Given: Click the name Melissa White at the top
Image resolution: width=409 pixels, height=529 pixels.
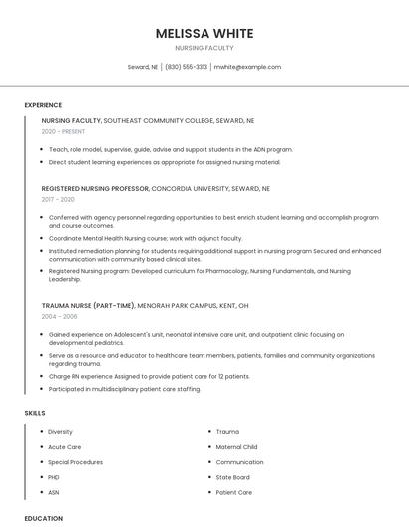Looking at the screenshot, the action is tap(204, 33).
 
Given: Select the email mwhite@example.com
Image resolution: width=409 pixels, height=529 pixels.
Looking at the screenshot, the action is tap(247, 67).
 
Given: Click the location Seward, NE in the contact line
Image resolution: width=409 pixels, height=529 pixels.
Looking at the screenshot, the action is tap(143, 67).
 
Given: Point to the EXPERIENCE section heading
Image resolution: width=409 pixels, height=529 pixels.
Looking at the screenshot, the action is tap(43, 105).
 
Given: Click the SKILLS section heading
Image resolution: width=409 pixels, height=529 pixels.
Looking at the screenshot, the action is tap(35, 413).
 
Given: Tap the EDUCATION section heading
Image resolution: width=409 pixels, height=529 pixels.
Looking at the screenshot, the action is tap(44, 519).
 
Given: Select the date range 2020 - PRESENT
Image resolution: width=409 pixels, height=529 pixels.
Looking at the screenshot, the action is tap(63, 132).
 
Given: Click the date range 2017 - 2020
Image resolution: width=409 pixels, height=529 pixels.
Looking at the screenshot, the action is tap(59, 200).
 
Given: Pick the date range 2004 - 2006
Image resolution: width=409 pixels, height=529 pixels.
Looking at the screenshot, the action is tap(59, 316).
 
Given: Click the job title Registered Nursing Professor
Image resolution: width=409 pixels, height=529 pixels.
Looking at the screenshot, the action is tap(95, 188).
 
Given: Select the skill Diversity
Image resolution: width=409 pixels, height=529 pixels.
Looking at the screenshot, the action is tap(60, 432).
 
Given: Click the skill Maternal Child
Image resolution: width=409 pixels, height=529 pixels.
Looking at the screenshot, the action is tap(236, 447).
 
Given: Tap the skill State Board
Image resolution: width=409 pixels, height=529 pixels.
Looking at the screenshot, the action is tap(232, 477).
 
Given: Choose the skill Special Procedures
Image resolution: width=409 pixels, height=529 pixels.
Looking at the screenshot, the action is tap(75, 462).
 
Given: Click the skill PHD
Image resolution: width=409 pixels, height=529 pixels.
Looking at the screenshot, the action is tap(54, 477).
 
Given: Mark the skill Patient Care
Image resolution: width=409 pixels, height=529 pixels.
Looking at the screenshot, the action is tap(233, 492).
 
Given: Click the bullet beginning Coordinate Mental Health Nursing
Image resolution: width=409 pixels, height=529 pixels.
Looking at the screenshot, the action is tap(145, 238).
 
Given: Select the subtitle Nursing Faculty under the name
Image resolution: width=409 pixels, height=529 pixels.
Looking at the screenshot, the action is tap(204, 48).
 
